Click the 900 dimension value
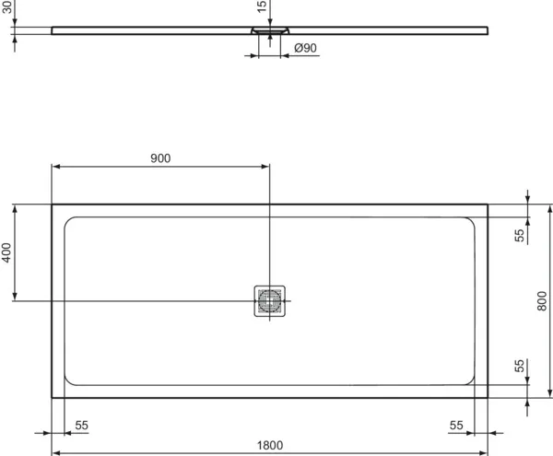coord(160,158)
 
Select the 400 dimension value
coord(7,253)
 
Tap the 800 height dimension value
coord(542,300)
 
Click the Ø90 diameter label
coord(304,48)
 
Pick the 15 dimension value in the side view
coord(262,7)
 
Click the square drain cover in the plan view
coord(270,300)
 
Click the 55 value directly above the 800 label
coord(520,236)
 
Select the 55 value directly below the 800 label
coord(520,367)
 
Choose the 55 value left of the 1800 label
coord(81,425)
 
